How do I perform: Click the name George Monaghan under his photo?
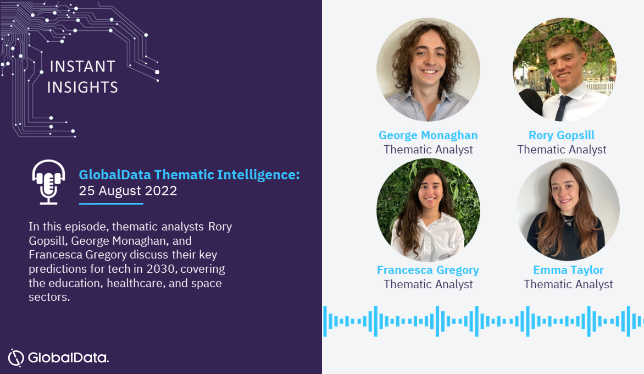tap(428, 135)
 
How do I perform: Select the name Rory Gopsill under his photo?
tap(562, 135)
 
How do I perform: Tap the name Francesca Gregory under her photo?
tap(428, 270)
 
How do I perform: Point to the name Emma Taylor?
tap(568, 270)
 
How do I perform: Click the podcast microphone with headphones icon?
tap(48, 182)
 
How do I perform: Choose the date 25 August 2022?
tap(127, 191)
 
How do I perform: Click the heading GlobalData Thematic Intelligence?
tap(189, 175)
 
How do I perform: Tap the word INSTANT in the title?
tap(82, 67)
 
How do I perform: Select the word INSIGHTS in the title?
tap(82, 87)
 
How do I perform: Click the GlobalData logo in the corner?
tap(58, 357)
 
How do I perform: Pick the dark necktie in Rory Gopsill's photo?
tap(562, 108)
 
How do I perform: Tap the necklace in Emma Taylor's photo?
tap(568, 222)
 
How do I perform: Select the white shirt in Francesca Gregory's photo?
tap(428, 238)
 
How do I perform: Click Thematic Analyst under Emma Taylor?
tap(568, 284)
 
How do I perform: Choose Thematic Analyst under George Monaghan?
tap(428, 150)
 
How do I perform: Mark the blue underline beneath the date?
tap(111, 204)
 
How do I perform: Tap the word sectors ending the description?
tap(49, 297)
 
